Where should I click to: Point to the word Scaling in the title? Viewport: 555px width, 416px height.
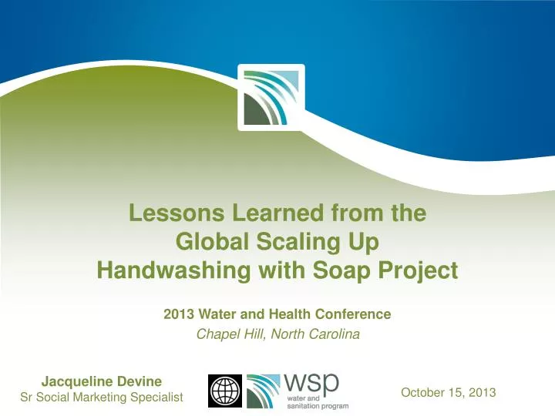(x=296, y=242)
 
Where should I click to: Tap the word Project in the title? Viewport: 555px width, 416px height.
(x=416, y=270)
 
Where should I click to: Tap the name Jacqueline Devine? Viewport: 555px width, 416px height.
(x=101, y=380)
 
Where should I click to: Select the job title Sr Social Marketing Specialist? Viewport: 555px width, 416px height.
(x=101, y=397)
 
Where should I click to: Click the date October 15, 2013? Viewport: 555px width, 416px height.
(x=448, y=392)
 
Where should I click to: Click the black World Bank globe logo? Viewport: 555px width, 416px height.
(x=225, y=391)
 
